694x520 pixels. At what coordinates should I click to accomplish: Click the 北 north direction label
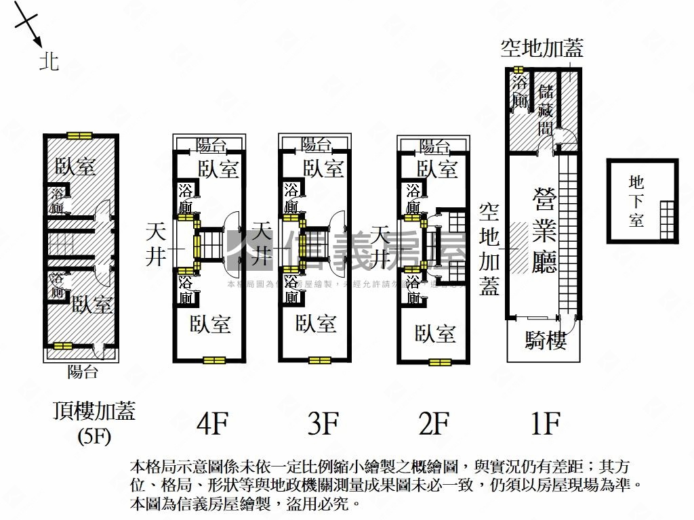point(49,62)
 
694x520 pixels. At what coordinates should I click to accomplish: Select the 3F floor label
point(323,425)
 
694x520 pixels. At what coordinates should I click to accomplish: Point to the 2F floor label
point(434,425)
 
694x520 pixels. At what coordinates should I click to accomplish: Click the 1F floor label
point(545,425)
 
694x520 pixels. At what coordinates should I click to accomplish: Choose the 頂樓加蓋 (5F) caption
point(94,421)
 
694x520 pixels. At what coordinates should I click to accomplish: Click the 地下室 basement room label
point(636,201)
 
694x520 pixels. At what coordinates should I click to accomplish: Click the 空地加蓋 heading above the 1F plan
point(542,48)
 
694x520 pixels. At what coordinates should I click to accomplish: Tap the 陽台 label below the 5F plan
point(83,372)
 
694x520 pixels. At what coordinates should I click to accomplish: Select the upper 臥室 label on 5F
point(75,167)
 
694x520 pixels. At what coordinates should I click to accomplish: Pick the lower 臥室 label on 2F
point(435,333)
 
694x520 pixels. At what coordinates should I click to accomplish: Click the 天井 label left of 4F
point(157,244)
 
